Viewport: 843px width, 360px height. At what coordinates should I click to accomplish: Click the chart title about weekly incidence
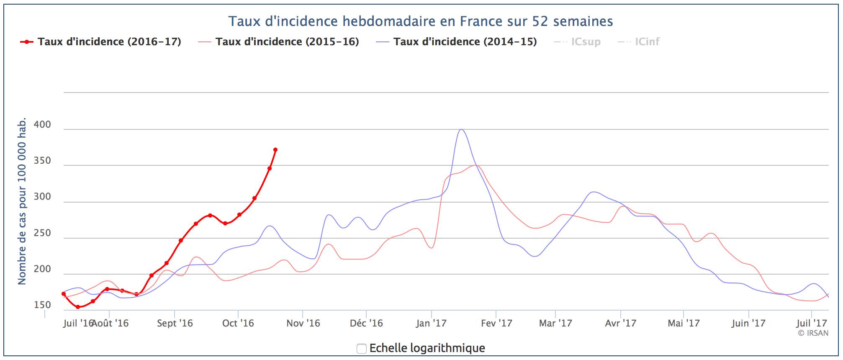[421, 21]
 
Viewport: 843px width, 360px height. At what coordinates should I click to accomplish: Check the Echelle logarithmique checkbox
[362, 348]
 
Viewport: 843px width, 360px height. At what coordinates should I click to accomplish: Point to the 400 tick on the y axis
[42, 125]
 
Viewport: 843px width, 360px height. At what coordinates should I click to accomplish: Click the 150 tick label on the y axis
[42, 305]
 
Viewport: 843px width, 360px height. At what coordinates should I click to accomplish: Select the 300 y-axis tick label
[42, 197]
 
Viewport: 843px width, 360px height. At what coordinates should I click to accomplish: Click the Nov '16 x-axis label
[303, 323]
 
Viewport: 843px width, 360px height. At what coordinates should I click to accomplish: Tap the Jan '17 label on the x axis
[431, 323]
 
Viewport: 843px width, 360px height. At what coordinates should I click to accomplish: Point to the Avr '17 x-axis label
[620, 323]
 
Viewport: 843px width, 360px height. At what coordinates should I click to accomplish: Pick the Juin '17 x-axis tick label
[748, 323]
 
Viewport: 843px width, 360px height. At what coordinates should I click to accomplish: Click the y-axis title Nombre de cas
[22, 201]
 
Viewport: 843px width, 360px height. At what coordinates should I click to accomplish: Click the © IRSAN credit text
[813, 333]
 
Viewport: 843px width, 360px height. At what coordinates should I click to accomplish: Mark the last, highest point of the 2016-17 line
[275, 150]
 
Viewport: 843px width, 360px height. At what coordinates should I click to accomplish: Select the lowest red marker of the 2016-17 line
[78, 307]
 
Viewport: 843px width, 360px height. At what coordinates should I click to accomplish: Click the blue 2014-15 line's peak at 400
[461, 129]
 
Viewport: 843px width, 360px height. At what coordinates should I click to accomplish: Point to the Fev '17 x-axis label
[496, 323]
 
